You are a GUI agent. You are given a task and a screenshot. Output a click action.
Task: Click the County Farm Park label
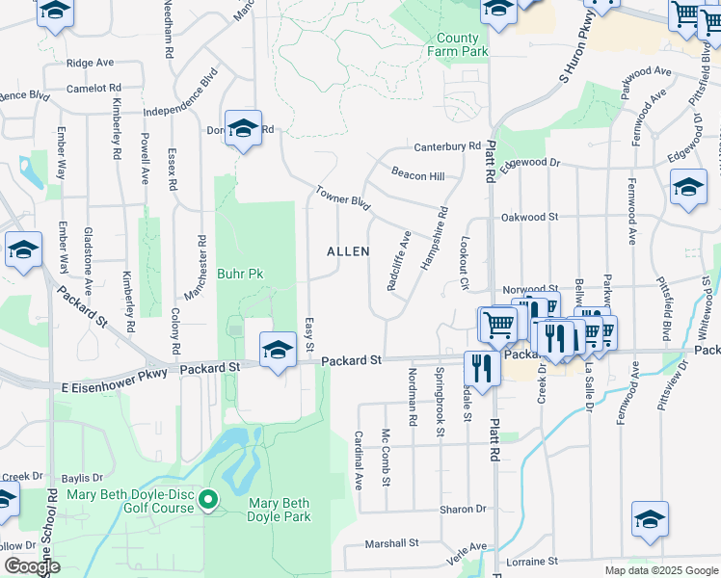[x=457, y=45]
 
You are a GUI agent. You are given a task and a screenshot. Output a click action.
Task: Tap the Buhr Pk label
[x=240, y=275]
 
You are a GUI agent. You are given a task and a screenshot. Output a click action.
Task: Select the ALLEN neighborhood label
[x=348, y=251]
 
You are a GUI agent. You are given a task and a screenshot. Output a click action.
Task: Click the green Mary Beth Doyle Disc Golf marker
[x=209, y=498]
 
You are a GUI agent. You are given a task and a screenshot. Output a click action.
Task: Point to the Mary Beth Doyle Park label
[x=280, y=510]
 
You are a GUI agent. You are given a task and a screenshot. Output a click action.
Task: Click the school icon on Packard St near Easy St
[x=278, y=351]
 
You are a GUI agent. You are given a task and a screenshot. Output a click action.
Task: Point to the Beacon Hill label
[x=417, y=175]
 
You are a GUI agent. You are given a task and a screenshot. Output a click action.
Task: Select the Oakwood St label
[x=528, y=218]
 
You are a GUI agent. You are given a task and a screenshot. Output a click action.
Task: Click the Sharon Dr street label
[x=464, y=509]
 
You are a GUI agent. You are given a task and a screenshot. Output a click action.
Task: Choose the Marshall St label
[x=391, y=543]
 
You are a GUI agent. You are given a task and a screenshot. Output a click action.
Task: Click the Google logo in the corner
[x=32, y=566]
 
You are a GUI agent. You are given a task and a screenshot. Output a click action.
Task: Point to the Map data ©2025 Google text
[x=660, y=570]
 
